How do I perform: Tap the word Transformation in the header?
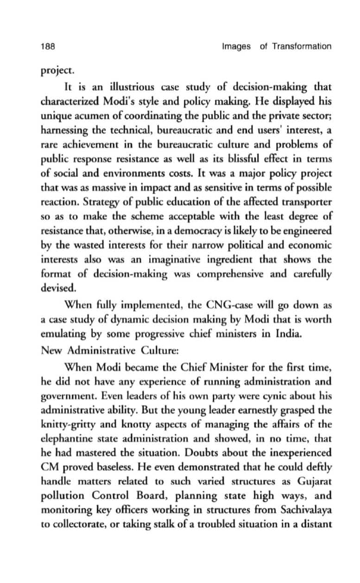pyautogui.click(x=302, y=46)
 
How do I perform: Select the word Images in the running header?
pyautogui.click(x=236, y=46)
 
